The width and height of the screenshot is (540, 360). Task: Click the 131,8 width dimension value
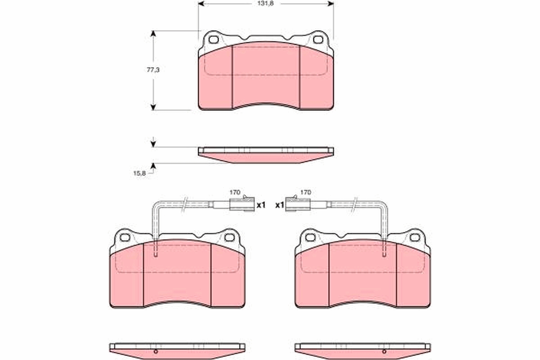coord(265,4)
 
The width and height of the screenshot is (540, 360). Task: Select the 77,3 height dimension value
coord(153,70)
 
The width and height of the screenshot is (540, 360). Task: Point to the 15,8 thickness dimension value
coord(139,173)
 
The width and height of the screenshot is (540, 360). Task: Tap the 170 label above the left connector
coord(235,192)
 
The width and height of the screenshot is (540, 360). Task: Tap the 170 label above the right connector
coord(306,192)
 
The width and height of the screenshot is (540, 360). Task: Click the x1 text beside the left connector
coord(261,205)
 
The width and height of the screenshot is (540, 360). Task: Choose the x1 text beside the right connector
coord(279,205)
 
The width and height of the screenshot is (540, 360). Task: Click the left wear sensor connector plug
coord(242,204)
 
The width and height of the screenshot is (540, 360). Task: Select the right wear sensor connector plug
coord(298,204)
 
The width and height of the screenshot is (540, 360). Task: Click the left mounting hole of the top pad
coord(213,40)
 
